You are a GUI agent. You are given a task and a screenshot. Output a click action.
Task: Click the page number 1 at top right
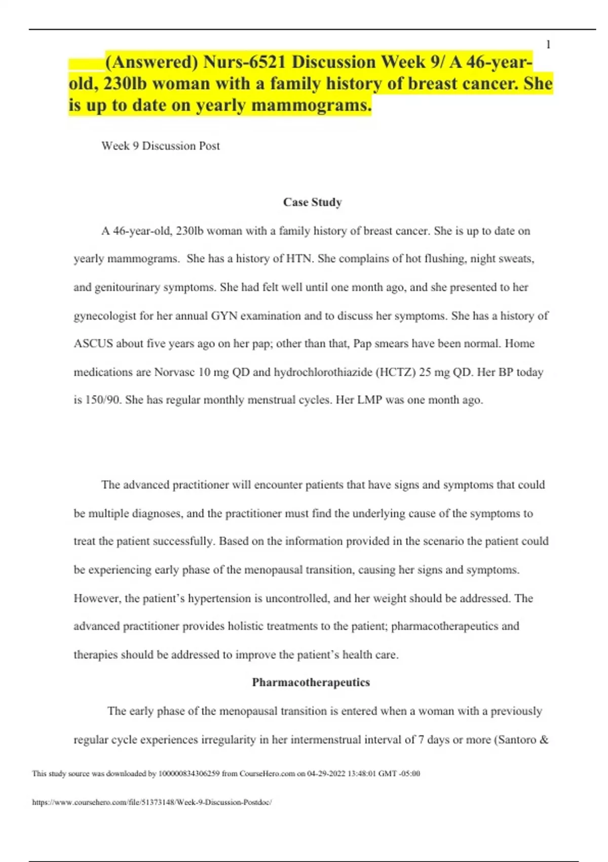tap(548, 45)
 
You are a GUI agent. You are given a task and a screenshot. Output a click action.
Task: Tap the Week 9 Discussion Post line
tap(161, 146)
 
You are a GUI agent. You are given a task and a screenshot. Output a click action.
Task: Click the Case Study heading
tap(312, 202)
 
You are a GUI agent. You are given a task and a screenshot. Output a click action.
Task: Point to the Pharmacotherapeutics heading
tap(311, 683)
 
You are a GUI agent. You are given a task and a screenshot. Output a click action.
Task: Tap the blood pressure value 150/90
tap(103, 400)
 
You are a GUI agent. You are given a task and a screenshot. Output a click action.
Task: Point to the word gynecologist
tap(105, 316)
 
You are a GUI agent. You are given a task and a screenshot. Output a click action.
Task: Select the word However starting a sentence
tap(97, 598)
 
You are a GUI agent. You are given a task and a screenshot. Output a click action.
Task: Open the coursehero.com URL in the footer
tap(152, 802)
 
